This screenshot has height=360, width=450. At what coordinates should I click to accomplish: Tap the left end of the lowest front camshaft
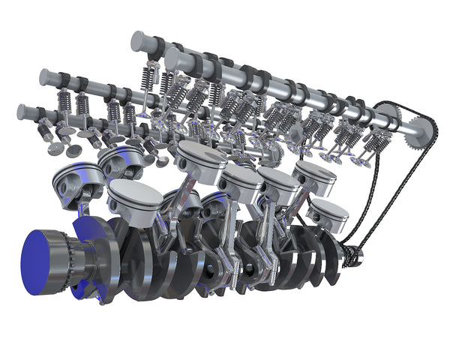tap(23, 112)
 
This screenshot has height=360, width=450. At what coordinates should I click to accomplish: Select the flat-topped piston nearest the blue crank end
tap(134, 196)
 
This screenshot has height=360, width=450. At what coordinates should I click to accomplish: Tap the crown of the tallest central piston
tap(202, 154)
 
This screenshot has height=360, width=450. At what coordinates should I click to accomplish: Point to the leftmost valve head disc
tap(55, 148)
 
